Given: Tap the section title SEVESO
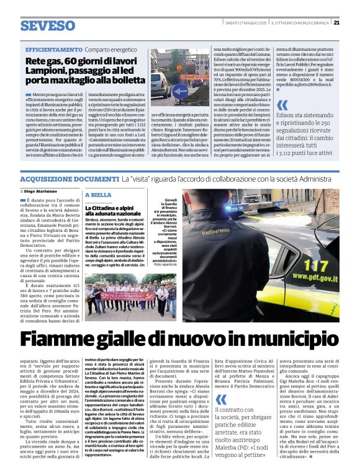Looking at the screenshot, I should pyautogui.click(x=47, y=25).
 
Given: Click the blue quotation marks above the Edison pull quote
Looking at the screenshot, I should pyautogui.click(x=282, y=105).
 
